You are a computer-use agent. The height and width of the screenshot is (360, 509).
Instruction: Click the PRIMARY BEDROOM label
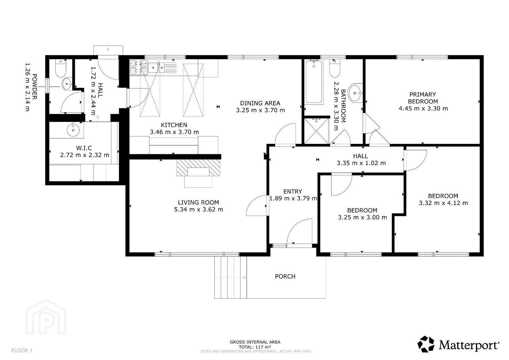click(423, 98)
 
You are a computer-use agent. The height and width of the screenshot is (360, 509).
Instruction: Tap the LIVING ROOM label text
click(198, 202)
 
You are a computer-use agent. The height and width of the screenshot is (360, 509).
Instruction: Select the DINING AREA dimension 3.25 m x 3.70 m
click(260, 110)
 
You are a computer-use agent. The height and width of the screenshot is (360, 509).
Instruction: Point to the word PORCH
click(285, 276)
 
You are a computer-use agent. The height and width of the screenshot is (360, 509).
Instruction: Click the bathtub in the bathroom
click(314, 82)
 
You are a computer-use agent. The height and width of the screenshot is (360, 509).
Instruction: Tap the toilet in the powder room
click(61, 68)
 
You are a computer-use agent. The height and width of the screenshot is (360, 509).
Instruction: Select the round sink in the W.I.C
click(73, 130)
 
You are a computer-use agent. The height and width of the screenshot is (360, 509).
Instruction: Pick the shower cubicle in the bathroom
click(317, 131)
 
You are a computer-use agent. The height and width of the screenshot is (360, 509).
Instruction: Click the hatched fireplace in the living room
click(198, 168)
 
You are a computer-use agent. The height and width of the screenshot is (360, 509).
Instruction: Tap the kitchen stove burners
click(138, 67)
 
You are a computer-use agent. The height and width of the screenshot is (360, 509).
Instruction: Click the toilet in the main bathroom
click(335, 68)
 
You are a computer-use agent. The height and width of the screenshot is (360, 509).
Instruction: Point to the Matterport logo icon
click(426, 344)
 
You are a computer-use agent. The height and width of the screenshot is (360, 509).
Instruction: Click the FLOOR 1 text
click(22, 350)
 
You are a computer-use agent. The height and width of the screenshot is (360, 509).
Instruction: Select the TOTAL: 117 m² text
click(255, 347)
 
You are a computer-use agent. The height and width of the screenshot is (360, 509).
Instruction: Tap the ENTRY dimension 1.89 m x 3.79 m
click(293, 198)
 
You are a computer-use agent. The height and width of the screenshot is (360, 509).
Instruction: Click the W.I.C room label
click(84, 148)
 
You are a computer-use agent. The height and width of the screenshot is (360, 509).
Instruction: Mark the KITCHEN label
click(174, 125)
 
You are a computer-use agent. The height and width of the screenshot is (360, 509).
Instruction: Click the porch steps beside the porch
click(231, 277)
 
